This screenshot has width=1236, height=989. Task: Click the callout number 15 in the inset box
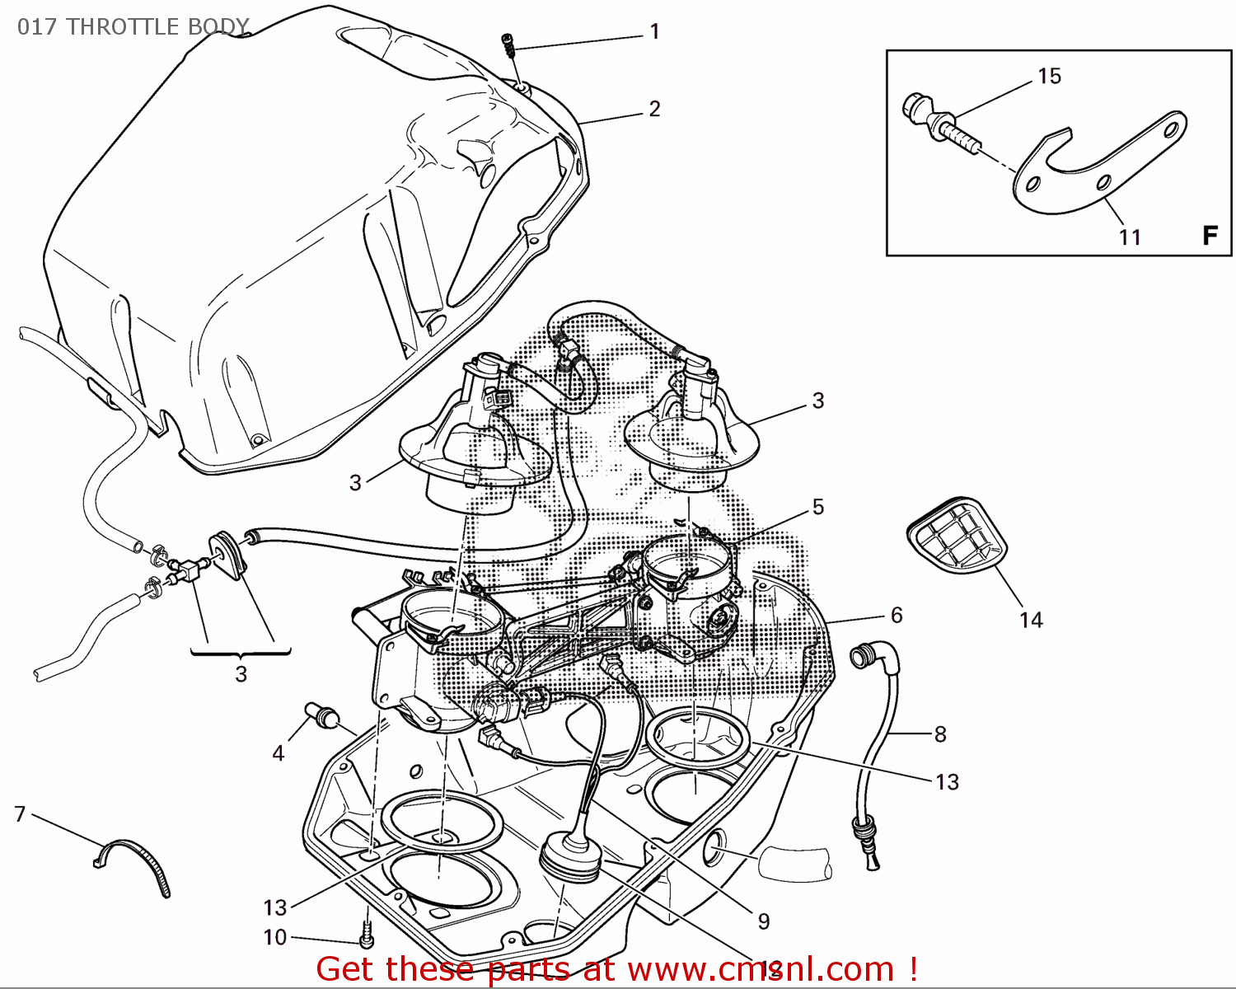[x=1049, y=77]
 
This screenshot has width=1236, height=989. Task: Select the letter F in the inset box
[x=1210, y=236]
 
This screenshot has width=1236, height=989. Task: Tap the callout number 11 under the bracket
[x=1130, y=237]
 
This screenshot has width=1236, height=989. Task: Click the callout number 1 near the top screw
[x=655, y=32]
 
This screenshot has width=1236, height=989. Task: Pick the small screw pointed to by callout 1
[x=511, y=45]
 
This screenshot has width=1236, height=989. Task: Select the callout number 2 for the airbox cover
[x=655, y=109]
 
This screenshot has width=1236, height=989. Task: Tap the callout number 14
[x=1031, y=620]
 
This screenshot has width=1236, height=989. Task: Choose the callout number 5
[x=818, y=507]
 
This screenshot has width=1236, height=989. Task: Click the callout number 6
[x=897, y=615]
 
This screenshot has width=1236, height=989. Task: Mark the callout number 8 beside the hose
[x=940, y=734]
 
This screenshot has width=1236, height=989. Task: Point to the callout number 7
[x=21, y=814]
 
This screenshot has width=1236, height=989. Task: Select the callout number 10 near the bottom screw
[x=275, y=937]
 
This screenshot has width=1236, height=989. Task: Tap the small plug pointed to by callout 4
[x=321, y=715]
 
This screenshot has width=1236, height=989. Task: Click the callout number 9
[x=764, y=921]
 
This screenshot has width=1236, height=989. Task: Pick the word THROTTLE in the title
[x=122, y=27]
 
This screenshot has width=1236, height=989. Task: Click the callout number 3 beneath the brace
[x=241, y=674]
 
